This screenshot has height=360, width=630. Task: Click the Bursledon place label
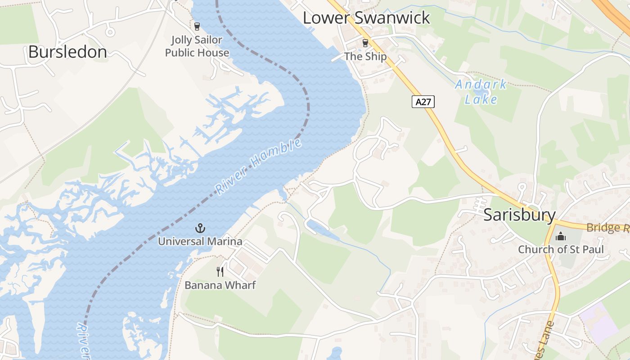pos(67,52)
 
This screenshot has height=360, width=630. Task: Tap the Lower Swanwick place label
pos(366,18)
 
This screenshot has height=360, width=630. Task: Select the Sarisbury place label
pos(519,215)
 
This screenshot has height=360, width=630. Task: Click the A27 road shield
pos(423,102)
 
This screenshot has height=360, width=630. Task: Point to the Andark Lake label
pos(481,92)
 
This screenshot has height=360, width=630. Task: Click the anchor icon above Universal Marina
pos(200,228)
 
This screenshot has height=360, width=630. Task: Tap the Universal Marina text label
pos(200,242)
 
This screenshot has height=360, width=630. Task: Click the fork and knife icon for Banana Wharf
pos(220,271)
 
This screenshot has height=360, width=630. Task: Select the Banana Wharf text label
pos(220,285)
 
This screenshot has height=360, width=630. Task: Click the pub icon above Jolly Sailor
pos(197,26)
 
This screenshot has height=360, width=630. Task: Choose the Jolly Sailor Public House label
pos(197,46)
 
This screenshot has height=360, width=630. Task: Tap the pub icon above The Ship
pos(365,43)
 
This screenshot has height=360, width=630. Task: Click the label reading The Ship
pos(365,56)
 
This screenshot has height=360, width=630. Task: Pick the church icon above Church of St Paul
pos(561,236)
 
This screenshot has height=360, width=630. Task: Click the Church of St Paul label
pos(561,249)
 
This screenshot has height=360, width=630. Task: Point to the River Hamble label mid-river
pos(258,166)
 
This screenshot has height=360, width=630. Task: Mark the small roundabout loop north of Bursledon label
pos(109,31)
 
